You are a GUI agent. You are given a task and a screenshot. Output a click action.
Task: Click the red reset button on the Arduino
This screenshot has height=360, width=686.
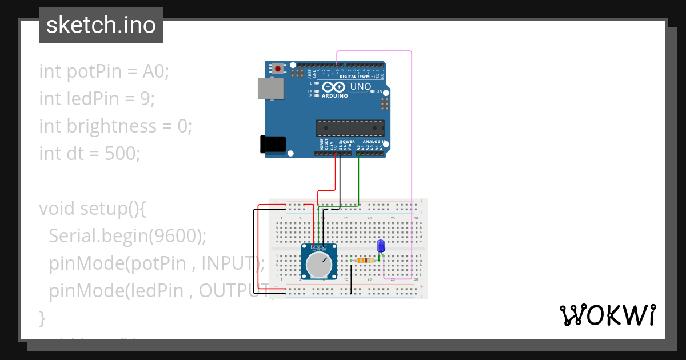[x=278, y=69]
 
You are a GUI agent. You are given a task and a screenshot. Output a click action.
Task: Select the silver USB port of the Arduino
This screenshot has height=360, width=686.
[x=270, y=89]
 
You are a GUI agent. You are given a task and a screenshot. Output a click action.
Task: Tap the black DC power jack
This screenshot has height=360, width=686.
[x=270, y=144]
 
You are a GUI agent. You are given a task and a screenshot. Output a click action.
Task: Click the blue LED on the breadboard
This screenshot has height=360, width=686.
[x=381, y=246]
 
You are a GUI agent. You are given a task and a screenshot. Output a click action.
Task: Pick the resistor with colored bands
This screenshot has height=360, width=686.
[x=365, y=261]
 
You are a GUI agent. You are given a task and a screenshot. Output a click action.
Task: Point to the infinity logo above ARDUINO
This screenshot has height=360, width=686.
[x=333, y=87]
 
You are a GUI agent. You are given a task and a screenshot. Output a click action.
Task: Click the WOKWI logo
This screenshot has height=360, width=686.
[x=608, y=315]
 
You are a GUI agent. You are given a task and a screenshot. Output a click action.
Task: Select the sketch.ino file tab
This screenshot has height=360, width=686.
[x=101, y=25]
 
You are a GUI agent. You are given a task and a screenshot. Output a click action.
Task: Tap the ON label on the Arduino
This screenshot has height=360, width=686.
[x=379, y=91]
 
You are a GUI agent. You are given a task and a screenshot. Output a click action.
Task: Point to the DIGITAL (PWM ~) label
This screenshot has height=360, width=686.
[x=357, y=76]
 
